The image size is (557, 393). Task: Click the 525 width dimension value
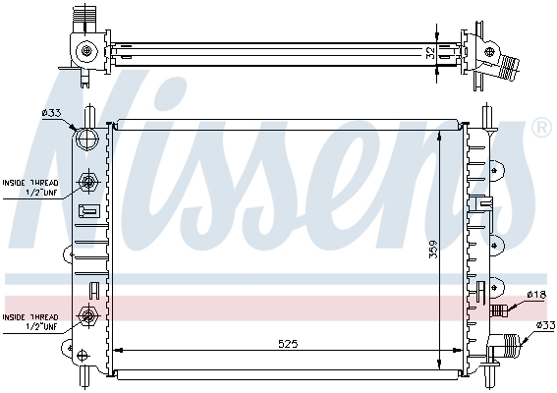click(x=288, y=344)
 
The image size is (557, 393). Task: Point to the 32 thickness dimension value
click(x=430, y=53)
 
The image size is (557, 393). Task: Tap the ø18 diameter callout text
click(x=536, y=295)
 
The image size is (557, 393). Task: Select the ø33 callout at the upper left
click(x=51, y=113)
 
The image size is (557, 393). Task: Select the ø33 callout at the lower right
click(x=545, y=325)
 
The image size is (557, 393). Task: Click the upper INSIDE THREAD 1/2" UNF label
click(x=30, y=188)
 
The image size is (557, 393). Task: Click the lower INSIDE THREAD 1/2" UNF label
click(x=30, y=322)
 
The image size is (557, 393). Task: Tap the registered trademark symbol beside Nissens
click(x=541, y=128)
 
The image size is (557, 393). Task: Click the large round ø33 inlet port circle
click(x=87, y=140)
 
